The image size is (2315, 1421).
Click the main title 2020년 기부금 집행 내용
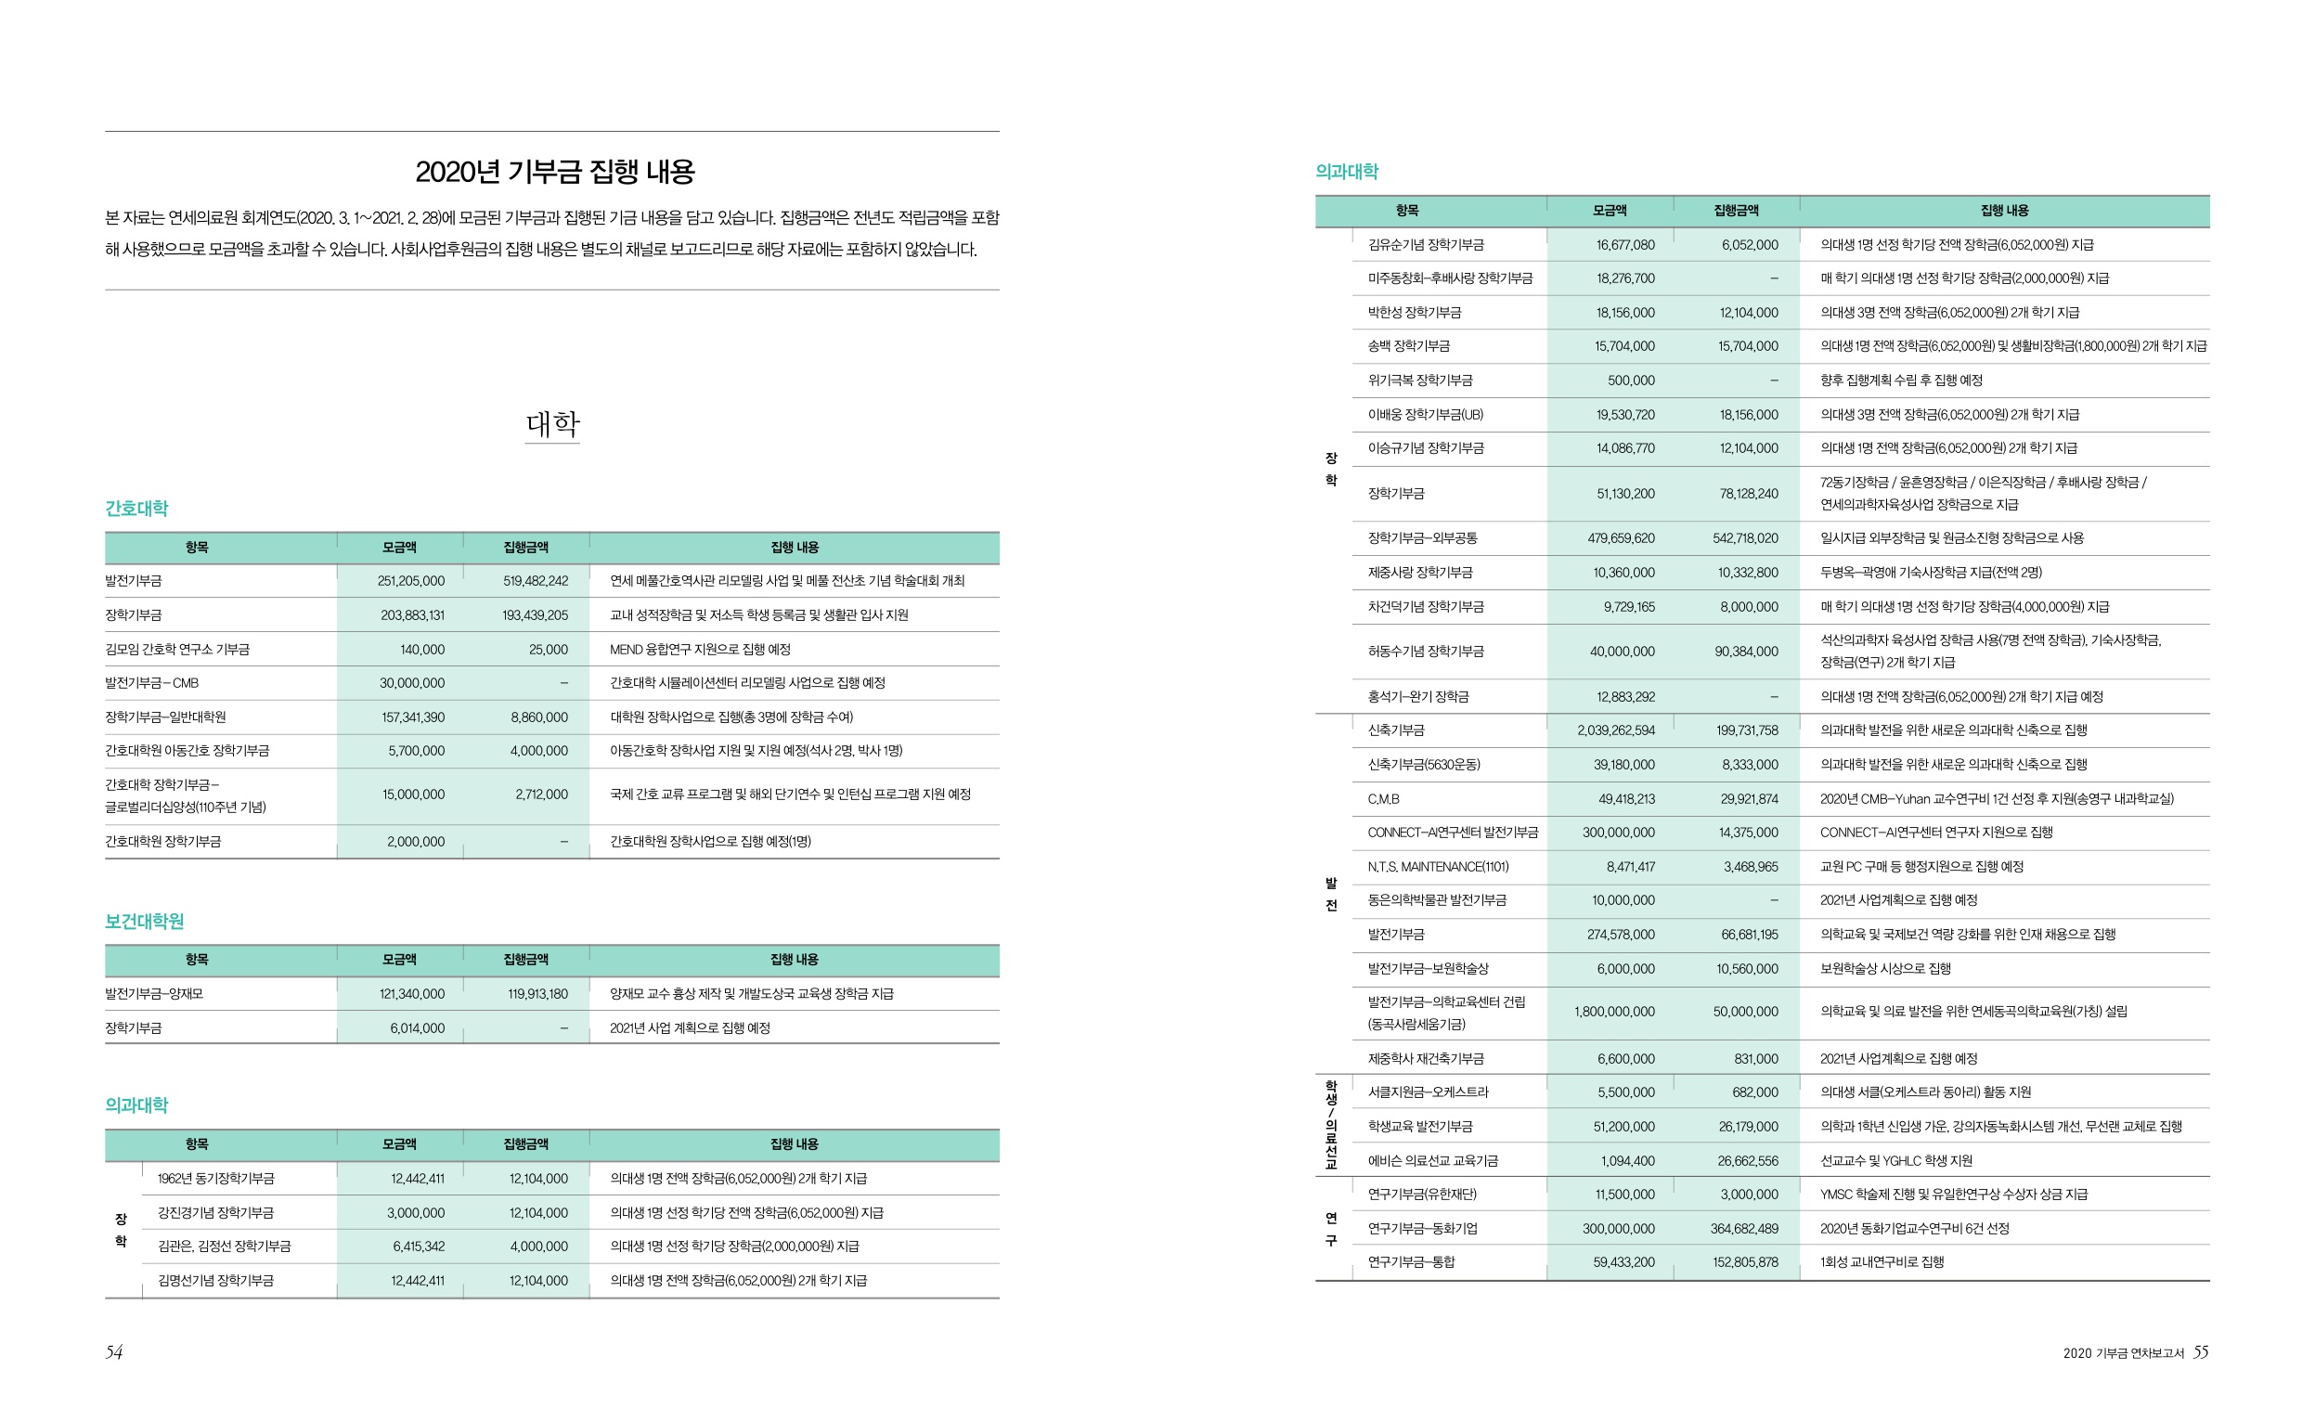[554, 172]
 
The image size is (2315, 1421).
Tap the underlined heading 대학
[551, 424]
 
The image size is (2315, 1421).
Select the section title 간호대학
[136, 509]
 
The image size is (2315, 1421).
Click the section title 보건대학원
[144, 921]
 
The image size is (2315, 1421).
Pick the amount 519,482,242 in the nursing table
[535, 581]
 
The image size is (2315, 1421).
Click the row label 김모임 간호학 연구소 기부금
[176, 650]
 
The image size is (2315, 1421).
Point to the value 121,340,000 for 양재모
[412, 993]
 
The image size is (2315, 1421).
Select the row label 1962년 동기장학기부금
[215, 1178]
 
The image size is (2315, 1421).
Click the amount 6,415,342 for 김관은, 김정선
[419, 1247]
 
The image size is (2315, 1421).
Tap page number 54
[114, 1351]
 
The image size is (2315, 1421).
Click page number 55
[2200, 1351]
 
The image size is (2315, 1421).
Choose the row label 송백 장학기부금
[1408, 346]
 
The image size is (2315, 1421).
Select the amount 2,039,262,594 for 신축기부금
[1616, 730]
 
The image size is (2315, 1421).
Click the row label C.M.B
[1383, 799]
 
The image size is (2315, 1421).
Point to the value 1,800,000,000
[1614, 1012]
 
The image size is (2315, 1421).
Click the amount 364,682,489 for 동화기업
[1743, 1228]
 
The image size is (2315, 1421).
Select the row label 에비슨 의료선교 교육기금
[1432, 1161]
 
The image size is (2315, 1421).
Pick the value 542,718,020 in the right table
[1744, 538]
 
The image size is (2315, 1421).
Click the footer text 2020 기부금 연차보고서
[2123, 1353]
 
